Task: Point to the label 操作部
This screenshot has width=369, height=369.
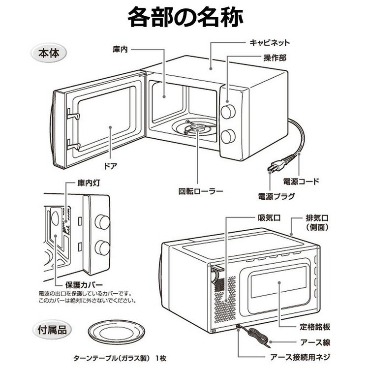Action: coord(275,58)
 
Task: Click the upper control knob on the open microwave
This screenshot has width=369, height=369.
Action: coord(228,112)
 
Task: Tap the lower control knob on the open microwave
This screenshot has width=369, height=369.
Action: coord(228,136)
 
